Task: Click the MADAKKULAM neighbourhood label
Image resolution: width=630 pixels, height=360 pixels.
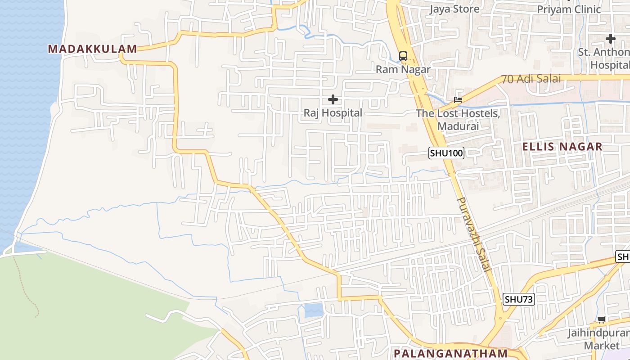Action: [x=92, y=49]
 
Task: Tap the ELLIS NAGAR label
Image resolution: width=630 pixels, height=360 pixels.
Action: [x=562, y=147]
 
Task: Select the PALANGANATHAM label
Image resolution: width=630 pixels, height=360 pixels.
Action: [x=450, y=353]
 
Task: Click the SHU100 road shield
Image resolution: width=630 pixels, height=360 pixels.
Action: [x=446, y=153]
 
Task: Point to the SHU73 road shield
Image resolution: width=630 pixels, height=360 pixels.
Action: [x=519, y=299]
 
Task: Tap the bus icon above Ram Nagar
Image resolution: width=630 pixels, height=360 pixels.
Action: [x=403, y=56]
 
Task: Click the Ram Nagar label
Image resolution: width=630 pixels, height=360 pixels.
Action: [x=403, y=69]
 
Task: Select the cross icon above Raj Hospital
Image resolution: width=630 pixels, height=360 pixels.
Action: [x=333, y=99]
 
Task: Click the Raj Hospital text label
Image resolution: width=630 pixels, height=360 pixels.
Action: [x=333, y=112]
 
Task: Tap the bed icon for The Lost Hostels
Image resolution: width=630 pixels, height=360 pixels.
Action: [x=458, y=100]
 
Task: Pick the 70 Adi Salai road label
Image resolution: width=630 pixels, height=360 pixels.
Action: [x=531, y=79]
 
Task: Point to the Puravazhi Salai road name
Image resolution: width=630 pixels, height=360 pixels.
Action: [x=473, y=234]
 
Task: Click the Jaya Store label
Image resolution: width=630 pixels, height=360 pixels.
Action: [x=454, y=9]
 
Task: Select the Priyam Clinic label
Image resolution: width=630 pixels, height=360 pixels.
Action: [x=569, y=9]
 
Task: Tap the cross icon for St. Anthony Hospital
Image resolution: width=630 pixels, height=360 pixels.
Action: [x=610, y=39]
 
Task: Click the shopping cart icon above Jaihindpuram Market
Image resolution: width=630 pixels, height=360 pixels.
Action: [x=601, y=320]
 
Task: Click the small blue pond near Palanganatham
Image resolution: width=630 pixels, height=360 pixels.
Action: [x=314, y=310]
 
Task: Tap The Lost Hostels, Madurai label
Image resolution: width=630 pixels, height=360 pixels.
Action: [x=458, y=120]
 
